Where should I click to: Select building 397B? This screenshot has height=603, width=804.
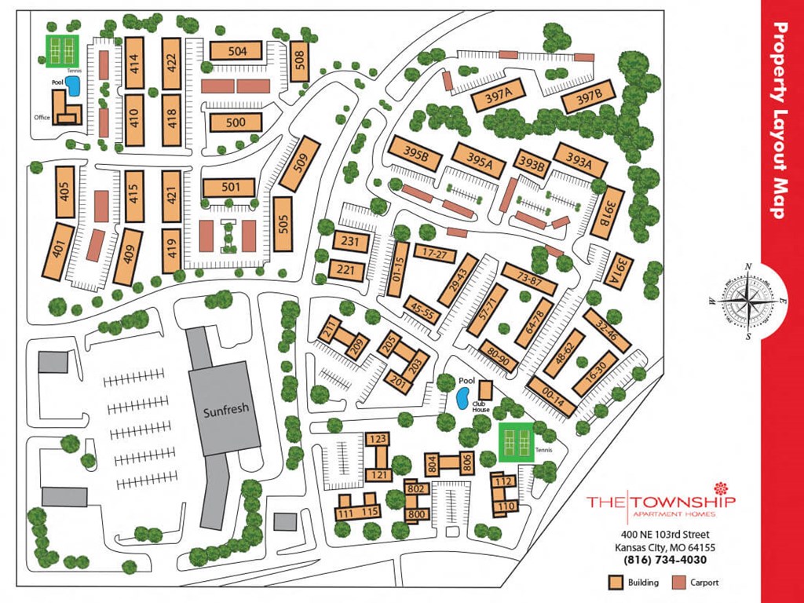[587, 97]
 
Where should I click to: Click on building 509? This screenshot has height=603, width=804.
[300, 165]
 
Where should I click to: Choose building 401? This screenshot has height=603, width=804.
[57, 251]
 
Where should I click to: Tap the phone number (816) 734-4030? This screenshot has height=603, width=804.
[665, 560]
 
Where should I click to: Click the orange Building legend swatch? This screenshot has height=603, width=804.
[617, 583]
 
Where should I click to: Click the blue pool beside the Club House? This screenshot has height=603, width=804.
[463, 398]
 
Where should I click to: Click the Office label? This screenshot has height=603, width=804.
[42, 118]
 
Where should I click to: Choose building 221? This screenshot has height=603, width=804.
[346, 270]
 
